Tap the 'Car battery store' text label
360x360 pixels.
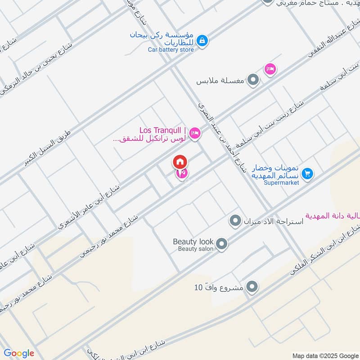point(171,49)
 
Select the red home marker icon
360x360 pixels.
point(180,162)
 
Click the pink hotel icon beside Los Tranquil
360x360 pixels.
point(195,133)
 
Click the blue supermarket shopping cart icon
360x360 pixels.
point(308,173)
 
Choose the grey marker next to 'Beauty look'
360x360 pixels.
point(221,244)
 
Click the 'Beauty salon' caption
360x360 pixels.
point(195,249)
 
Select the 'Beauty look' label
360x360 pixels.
point(193,242)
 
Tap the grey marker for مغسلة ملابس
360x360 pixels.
point(254,81)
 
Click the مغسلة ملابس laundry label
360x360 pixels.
point(220,82)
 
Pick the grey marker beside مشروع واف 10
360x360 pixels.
point(252,287)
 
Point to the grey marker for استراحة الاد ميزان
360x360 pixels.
point(234,221)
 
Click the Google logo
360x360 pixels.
point(19,353)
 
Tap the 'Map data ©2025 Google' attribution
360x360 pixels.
point(325,355)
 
